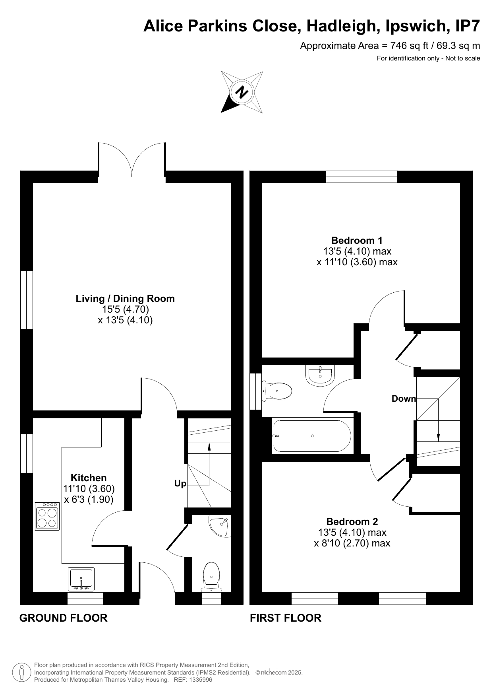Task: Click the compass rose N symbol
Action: (242, 92)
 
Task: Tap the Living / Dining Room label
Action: (125, 299)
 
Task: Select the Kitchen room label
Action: (89, 478)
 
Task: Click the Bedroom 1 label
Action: (357, 240)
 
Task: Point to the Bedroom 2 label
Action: (352, 521)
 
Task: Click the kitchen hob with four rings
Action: (47, 517)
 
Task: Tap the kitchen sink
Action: (81, 579)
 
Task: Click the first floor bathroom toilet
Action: (277, 391)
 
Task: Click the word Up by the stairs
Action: (180, 484)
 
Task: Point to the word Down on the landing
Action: (404, 399)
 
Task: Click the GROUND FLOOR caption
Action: (64, 618)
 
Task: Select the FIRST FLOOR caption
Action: (286, 618)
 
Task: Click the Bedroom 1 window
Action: (362, 177)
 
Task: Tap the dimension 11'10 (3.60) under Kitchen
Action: (89, 489)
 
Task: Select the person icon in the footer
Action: (21, 673)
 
